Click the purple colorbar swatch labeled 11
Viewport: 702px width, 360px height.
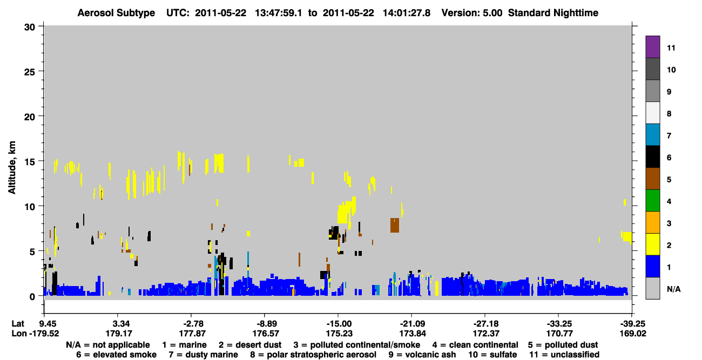(652, 46)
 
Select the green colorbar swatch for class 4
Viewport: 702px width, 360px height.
(652, 201)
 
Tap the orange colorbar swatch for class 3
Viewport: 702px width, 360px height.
(652, 222)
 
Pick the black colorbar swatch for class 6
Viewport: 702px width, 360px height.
(652, 157)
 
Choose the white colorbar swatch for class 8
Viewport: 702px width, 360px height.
(652, 113)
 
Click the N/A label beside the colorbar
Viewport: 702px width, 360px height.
(673, 289)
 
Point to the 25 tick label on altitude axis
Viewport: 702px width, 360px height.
(30, 72)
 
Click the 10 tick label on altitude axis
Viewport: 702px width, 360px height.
(30, 207)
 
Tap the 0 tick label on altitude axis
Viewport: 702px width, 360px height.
(32, 296)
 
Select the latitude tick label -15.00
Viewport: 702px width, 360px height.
(339, 323)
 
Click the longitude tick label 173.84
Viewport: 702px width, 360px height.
(413, 334)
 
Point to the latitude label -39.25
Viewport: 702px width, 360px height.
(633, 323)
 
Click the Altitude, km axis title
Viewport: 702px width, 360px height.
(12, 168)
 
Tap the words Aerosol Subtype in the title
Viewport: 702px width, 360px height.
(116, 13)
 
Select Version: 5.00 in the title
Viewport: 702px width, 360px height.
(471, 13)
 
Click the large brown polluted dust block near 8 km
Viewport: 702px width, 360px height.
(395, 225)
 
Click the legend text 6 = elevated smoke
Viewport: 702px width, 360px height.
(116, 355)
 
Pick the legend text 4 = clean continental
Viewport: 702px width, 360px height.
(475, 345)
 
